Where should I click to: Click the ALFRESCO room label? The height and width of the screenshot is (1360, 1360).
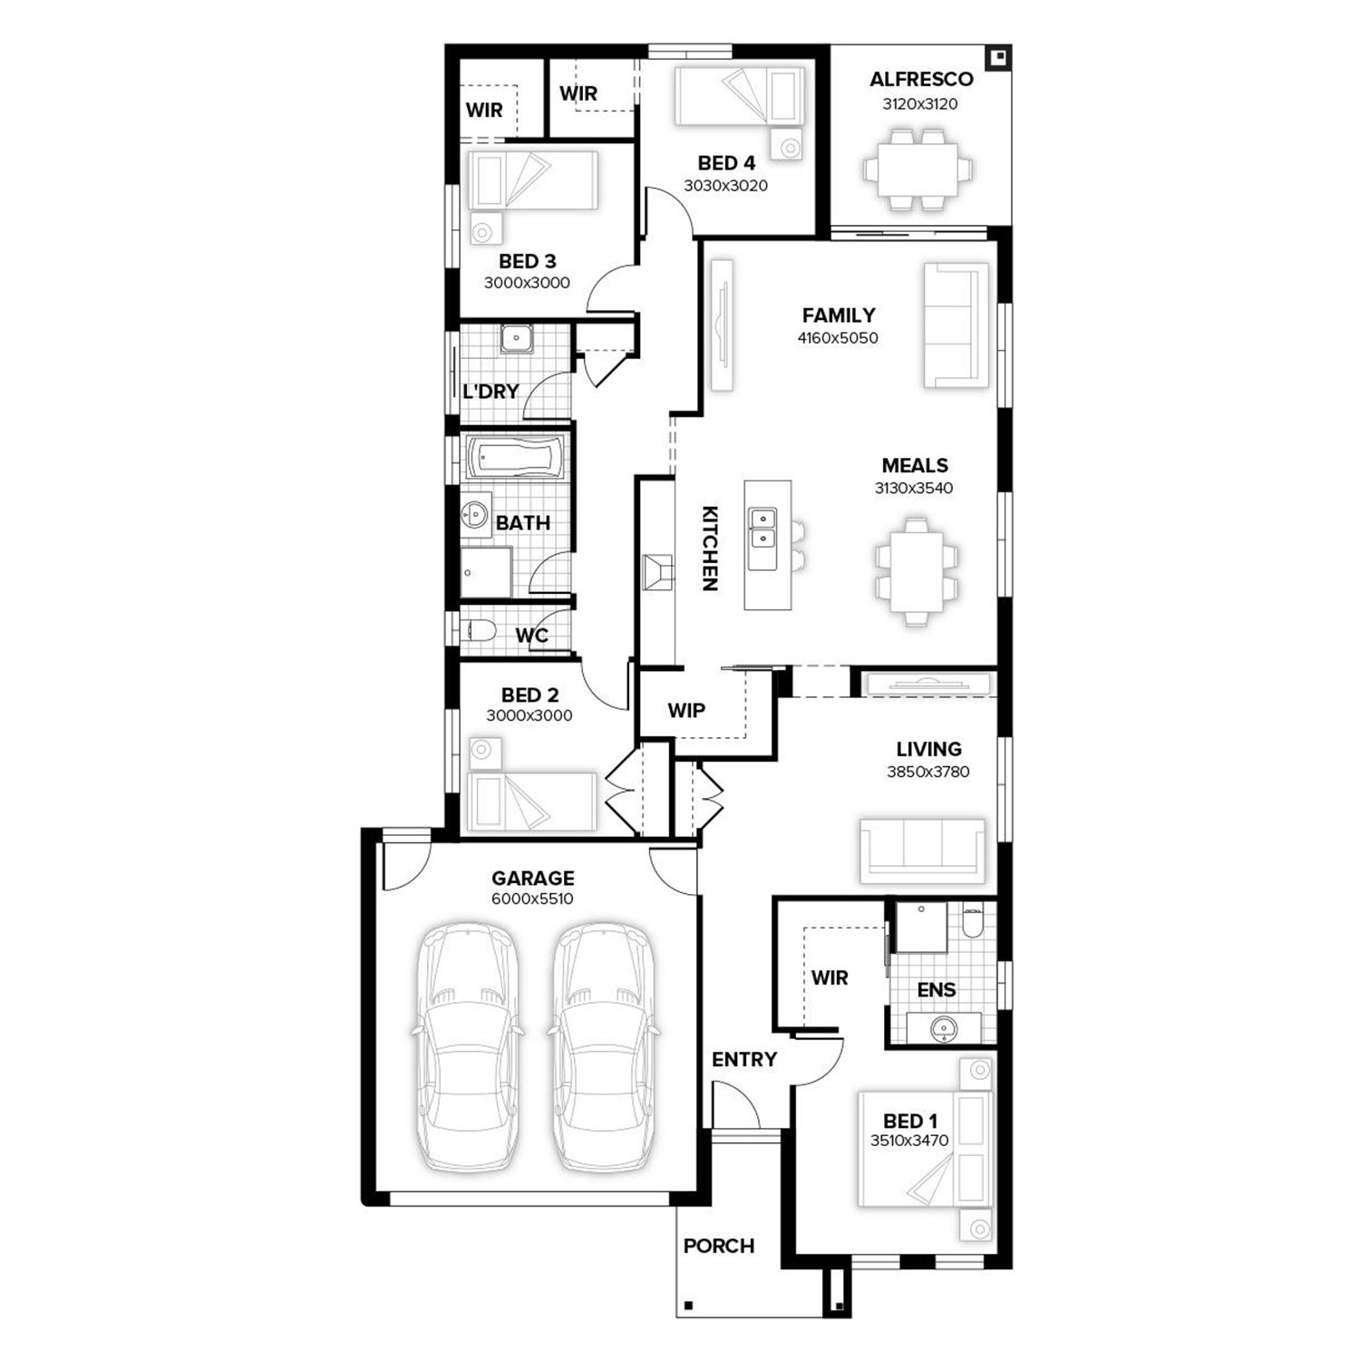pyautogui.click(x=921, y=79)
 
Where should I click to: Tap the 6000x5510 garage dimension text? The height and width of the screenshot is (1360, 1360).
pyautogui.click(x=532, y=899)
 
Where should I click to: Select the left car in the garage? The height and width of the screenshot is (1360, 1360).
pyautogui.click(x=468, y=1048)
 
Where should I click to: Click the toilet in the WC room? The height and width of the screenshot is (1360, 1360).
pyautogui.click(x=478, y=629)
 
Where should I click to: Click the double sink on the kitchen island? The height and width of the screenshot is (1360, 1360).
pyautogui.click(x=763, y=528)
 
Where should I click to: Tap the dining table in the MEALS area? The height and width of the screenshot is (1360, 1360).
pyautogui.click(x=916, y=571)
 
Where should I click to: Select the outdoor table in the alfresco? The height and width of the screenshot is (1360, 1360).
pyautogui.click(x=918, y=170)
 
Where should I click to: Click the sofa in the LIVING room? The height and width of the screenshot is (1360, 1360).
pyautogui.click(x=922, y=850)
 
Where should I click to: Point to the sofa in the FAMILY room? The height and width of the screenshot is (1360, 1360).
pyautogui.click(x=956, y=325)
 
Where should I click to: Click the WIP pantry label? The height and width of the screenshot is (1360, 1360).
pyautogui.click(x=686, y=710)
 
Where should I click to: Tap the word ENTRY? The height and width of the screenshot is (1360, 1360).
pyautogui.click(x=744, y=1059)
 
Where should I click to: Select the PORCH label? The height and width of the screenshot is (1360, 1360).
pyautogui.click(x=719, y=1246)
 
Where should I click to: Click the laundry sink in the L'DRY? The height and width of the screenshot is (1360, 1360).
pyautogui.click(x=516, y=339)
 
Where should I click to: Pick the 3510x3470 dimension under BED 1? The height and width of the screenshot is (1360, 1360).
pyautogui.click(x=909, y=1141)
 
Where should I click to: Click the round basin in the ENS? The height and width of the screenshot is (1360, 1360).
pyautogui.click(x=945, y=1028)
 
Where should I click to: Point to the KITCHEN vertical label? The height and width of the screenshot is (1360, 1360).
pyautogui.click(x=710, y=549)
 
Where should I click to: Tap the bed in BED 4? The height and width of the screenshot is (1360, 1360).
pyautogui.click(x=739, y=95)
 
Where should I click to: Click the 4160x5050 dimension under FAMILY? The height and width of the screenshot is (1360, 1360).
pyautogui.click(x=838, y=338)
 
